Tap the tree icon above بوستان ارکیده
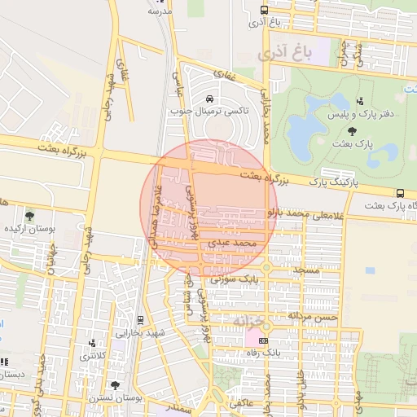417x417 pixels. click(x=29, y=216)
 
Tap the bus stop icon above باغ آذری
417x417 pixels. click(x=262, y=11)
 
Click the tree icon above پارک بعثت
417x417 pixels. click(x=352, y=130)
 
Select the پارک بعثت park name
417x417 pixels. click(x=357, y=143)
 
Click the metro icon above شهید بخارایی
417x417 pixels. click(x=140, y=319)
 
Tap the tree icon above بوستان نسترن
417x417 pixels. click(x=113, y=384)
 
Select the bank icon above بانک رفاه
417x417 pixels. click(x=262, y=340)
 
